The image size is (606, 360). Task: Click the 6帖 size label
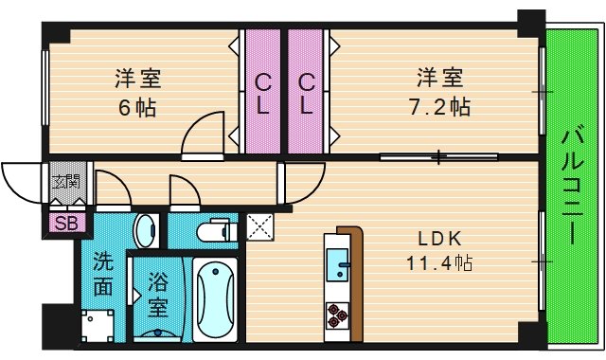pyautogui.click(x=137, y=108)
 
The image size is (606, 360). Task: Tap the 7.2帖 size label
pyautogui.click(x=439, y=107)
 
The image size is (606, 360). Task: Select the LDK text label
pyautogui.click(x=439, y=239)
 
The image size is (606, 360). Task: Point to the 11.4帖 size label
pyautogui.click(x=439, y=263)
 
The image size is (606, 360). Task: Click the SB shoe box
pyautogui.click(x=67, y=223)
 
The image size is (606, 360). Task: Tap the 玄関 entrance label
pyautogui.click(x=65, y=181)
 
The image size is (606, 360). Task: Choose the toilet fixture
pyautogui.click(x=217, y=230)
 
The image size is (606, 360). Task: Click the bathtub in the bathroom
pyautogui.click(x=215, y=299)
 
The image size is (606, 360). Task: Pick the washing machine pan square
pyautogui.click(x=98, y=326)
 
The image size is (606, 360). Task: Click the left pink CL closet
pyautogui.click(x=263, y=92)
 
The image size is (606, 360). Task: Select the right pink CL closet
pyautogui.click(x=306, y=92)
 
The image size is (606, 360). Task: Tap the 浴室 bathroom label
pyautogui.click(x=158, y=295)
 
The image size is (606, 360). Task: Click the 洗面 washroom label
pyautogui.click(x=103, y=274)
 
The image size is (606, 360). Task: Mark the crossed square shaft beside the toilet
pyautogui.click(x=259, y=226)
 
